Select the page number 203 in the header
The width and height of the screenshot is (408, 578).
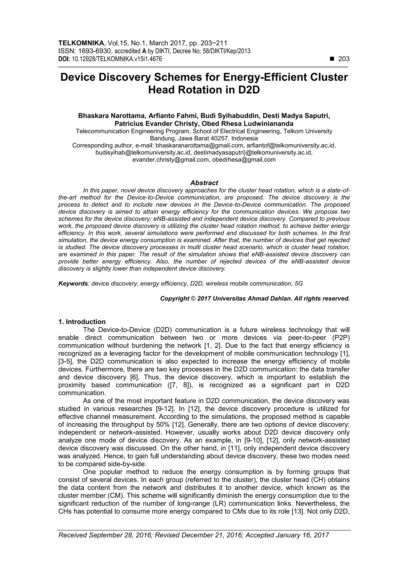pos(344,59)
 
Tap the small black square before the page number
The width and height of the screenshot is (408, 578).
pos(332,59)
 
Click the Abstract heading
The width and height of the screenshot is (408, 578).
pos(204,183)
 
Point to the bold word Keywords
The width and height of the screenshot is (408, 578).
pos(73,284)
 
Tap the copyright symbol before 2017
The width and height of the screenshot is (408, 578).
pos(193,298)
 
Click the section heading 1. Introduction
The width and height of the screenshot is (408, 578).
pos(82,322)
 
